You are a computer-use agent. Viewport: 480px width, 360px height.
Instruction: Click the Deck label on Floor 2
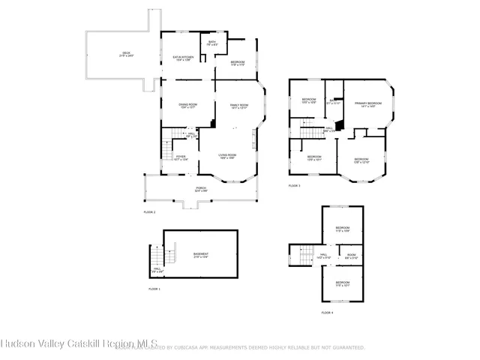126,53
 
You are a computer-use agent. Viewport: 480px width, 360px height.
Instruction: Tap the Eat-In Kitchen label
184,58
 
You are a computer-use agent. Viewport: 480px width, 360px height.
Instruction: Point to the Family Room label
238,106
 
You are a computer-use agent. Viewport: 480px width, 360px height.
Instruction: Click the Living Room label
228,156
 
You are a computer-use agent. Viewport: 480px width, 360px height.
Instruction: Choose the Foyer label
180,157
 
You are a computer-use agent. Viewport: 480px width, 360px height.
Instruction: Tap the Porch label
201,188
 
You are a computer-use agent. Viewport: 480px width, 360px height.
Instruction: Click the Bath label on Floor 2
211,43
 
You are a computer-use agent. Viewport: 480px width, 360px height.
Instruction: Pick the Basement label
201,255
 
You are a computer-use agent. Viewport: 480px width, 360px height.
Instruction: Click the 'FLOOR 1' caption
154,289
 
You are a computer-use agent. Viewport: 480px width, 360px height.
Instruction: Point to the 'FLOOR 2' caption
149,212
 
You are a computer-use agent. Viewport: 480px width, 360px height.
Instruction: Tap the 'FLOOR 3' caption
294,185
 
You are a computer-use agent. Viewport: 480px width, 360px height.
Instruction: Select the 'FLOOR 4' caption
327,312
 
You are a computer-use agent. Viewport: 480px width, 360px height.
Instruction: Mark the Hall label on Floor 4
324,256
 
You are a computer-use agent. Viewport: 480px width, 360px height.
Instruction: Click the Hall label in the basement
157,269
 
